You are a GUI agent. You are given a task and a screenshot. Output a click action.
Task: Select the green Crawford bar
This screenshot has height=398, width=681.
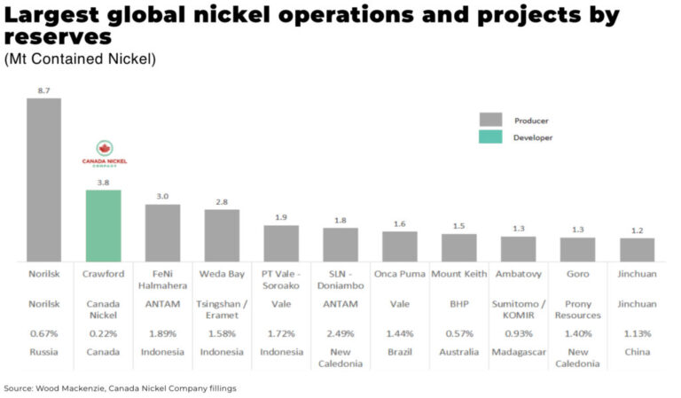103,225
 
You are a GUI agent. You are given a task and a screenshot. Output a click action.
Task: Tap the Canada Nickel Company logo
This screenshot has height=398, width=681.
104,153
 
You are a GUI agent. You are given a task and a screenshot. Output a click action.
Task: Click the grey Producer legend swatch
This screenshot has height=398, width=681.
490,120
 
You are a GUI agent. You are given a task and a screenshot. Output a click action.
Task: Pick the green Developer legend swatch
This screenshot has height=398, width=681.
490,137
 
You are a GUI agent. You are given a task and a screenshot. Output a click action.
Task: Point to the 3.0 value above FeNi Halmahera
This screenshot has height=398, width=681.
162,196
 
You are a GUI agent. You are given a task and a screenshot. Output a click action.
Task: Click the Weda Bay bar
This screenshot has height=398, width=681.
222,235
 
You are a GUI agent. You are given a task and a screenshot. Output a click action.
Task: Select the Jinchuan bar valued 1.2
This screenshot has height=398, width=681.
637,249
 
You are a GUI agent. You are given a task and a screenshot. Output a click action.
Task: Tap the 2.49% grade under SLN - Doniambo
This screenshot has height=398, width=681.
340,334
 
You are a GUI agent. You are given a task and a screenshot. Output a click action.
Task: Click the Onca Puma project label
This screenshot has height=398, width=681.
400,274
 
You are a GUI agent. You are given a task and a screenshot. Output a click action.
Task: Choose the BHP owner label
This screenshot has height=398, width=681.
459,303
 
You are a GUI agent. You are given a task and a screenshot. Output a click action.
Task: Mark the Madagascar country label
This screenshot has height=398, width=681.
519,352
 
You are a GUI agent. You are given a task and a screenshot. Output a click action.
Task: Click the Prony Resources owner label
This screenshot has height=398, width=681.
578,309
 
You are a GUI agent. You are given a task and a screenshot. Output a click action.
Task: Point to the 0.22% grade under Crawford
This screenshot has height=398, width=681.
103,334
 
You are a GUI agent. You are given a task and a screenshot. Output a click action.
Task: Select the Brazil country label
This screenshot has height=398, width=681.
400,352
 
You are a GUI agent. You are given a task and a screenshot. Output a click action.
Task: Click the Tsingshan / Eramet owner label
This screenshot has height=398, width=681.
222,309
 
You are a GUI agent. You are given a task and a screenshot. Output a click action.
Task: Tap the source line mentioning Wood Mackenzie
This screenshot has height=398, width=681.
121,388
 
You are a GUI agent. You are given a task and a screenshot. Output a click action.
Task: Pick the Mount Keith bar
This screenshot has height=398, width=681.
459,247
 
